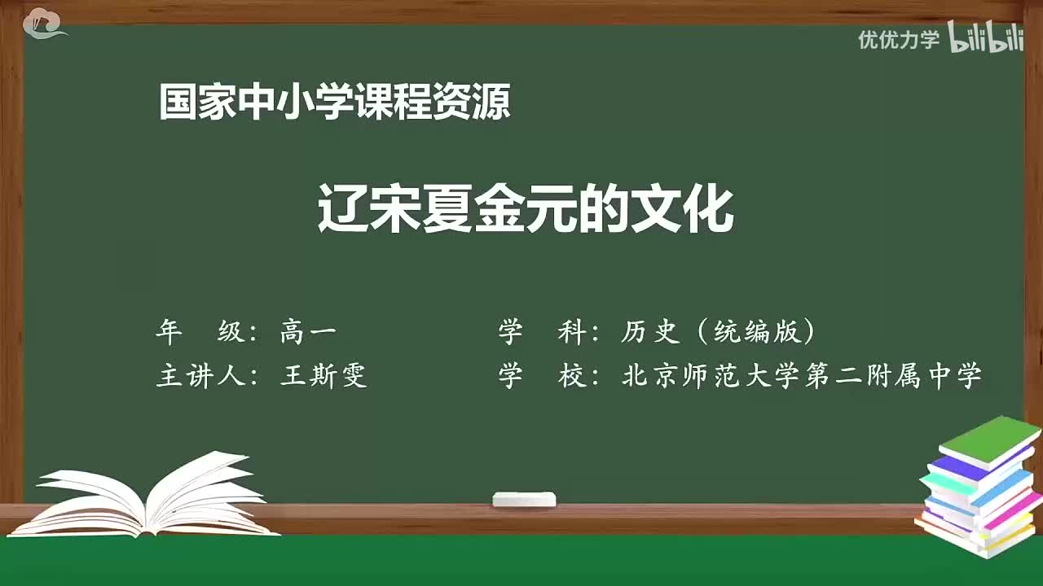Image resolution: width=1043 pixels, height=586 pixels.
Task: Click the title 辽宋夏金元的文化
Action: tap(526, 210)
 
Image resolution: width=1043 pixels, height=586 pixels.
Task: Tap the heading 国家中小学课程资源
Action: tap(334, 103)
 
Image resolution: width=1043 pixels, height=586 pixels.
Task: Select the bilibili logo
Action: tap(986, 39)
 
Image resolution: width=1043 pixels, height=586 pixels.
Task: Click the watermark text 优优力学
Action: tap(899, 40)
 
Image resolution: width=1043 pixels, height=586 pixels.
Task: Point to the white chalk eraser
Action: tap(524, 499)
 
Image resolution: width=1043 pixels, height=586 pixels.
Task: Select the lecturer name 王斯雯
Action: tap(323, 376)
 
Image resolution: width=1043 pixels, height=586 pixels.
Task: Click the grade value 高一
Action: tap(308, 331)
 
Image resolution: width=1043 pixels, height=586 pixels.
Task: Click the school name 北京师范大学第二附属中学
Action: tap(802, 376)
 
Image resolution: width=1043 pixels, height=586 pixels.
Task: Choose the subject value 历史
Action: tap(649, 331)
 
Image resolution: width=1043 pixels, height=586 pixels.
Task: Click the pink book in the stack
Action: tap(1010, 509)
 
